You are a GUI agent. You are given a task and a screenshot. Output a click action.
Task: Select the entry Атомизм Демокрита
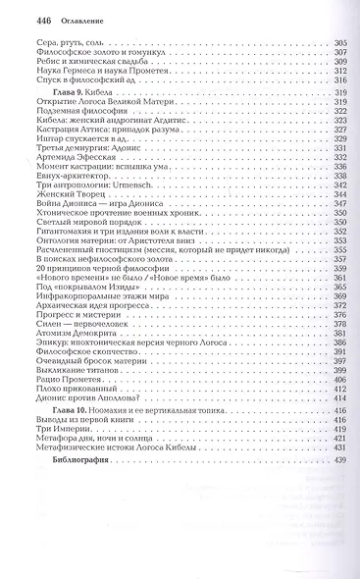(70, 363)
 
